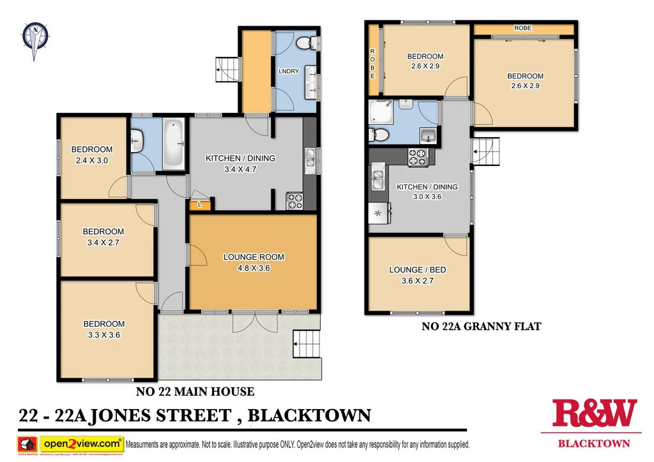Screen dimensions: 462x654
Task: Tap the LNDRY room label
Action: click(289, 71)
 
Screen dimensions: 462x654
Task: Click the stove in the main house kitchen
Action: click(294, 201)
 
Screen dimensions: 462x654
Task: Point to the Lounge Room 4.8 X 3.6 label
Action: click(253, 262)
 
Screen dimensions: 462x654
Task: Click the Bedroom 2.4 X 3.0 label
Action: click(92, 155)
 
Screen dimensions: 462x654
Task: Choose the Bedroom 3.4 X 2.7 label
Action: click(103, 237)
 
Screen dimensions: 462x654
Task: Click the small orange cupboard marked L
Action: click(200, 205)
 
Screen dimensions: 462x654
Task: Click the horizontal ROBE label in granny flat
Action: click(522, 29)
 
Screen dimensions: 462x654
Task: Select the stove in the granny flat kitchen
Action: click(418, 157)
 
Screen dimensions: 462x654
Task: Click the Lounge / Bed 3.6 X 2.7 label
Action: click(417, 275)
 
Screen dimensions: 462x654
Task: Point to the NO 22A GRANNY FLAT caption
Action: click(481, 327)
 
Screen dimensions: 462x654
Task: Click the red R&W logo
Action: click(594, 414)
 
